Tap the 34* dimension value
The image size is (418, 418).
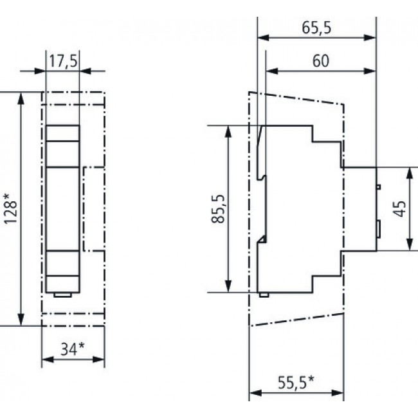pos(73,349)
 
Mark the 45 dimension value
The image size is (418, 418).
pos(399,208)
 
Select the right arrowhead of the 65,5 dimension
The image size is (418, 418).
pos(371,38)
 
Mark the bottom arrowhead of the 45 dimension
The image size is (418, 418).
pos(410,245)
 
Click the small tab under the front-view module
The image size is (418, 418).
pos(62,295)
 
